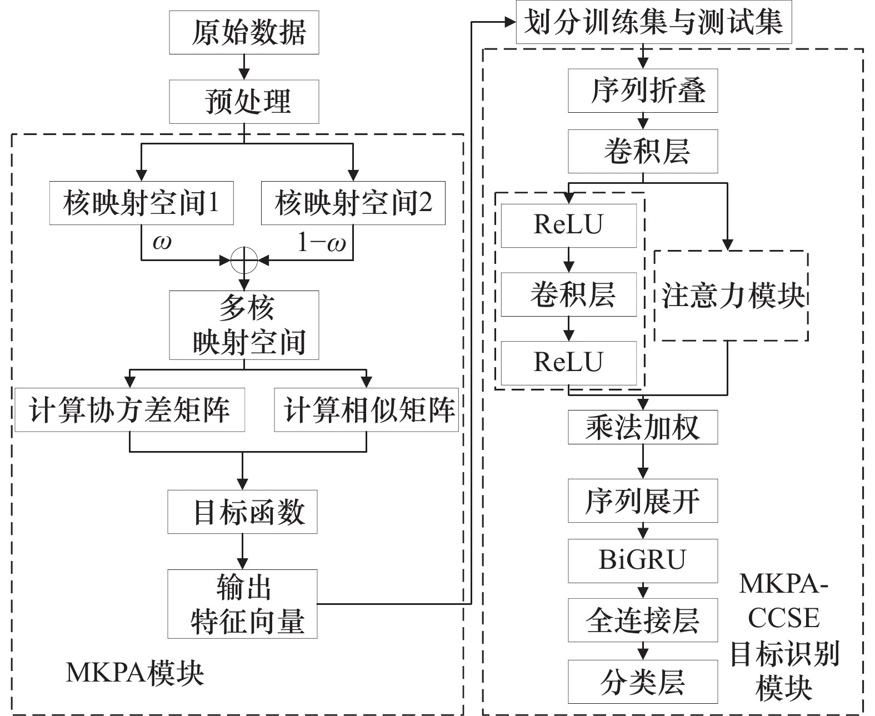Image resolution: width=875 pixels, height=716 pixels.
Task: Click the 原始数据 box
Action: click(244, 32)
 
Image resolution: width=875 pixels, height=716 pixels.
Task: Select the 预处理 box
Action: click(244, 102)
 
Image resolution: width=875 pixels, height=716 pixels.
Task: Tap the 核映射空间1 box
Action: click(142, 203)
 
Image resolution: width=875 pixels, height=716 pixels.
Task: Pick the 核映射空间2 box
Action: click(353, 203)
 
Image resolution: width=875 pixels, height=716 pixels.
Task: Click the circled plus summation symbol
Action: click(244, 261)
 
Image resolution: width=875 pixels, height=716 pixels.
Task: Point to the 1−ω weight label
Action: click(322, 242)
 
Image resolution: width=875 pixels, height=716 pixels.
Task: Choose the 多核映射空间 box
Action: click(244, 326)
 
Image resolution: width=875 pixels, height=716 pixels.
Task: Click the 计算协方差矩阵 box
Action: click(130, 410)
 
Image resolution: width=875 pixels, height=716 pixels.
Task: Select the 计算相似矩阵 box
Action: click(366, 410)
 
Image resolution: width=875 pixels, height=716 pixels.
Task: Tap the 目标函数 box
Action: click(242, 512)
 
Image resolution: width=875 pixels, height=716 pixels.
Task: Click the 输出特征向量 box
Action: click(242, 604)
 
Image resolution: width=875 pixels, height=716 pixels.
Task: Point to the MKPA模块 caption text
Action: click(135, 673)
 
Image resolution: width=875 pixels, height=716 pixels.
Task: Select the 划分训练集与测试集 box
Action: click(654, 22)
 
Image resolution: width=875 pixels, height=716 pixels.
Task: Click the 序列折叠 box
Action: click(643, 91)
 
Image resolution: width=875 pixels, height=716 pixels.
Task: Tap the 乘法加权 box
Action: click(643, 427)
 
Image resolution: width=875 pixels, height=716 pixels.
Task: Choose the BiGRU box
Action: click(643, 561)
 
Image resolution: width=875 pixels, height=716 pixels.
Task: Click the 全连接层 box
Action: click(643, 620)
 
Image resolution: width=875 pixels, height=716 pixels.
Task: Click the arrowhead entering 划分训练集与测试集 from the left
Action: click(511, 22)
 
